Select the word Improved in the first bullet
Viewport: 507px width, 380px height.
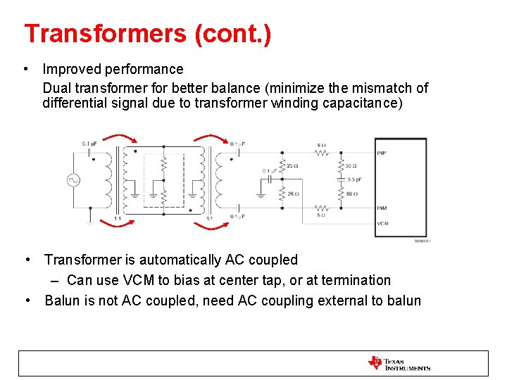click(x=69, y=69)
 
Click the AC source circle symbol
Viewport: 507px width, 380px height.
click(x=73, y=180)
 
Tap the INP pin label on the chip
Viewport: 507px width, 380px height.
click(x=381, y=152)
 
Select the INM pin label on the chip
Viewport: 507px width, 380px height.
click(x=381, y=208)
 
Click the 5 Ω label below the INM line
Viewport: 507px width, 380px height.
click(x=321, y=215)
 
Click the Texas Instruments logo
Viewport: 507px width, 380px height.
click(x=399, y=363)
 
